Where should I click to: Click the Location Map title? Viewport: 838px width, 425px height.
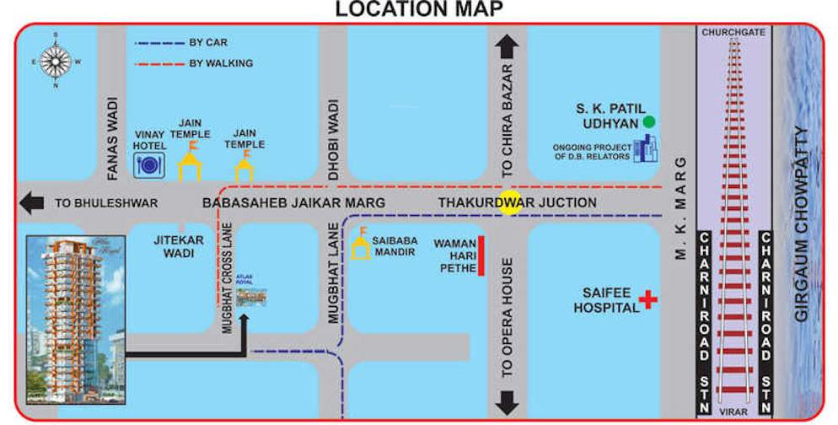(x=419, y=9)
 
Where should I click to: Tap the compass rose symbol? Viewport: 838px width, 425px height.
(x=56, y=61)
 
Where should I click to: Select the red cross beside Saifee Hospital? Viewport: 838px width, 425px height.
(x=647, y=299)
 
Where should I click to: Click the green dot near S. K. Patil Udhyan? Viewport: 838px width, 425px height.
(x=648, y=121)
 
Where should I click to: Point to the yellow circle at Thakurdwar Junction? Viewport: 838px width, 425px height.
(x=508, y=204)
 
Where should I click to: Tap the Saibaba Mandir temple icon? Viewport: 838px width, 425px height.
(x=361, y=245)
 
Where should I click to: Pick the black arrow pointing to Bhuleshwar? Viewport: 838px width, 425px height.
(x=34, y=203)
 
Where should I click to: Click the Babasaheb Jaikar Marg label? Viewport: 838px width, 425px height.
(x=293, y=203)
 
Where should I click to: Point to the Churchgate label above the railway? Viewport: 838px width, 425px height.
(x=733, y=32)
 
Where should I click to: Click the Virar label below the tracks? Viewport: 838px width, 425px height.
(x=733, y=412)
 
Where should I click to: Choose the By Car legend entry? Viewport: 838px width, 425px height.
(x=207, y=42)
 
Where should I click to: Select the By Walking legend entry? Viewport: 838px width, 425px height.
(x=220, y=63)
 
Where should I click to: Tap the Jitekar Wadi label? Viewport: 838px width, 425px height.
(x=179, y=246)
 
